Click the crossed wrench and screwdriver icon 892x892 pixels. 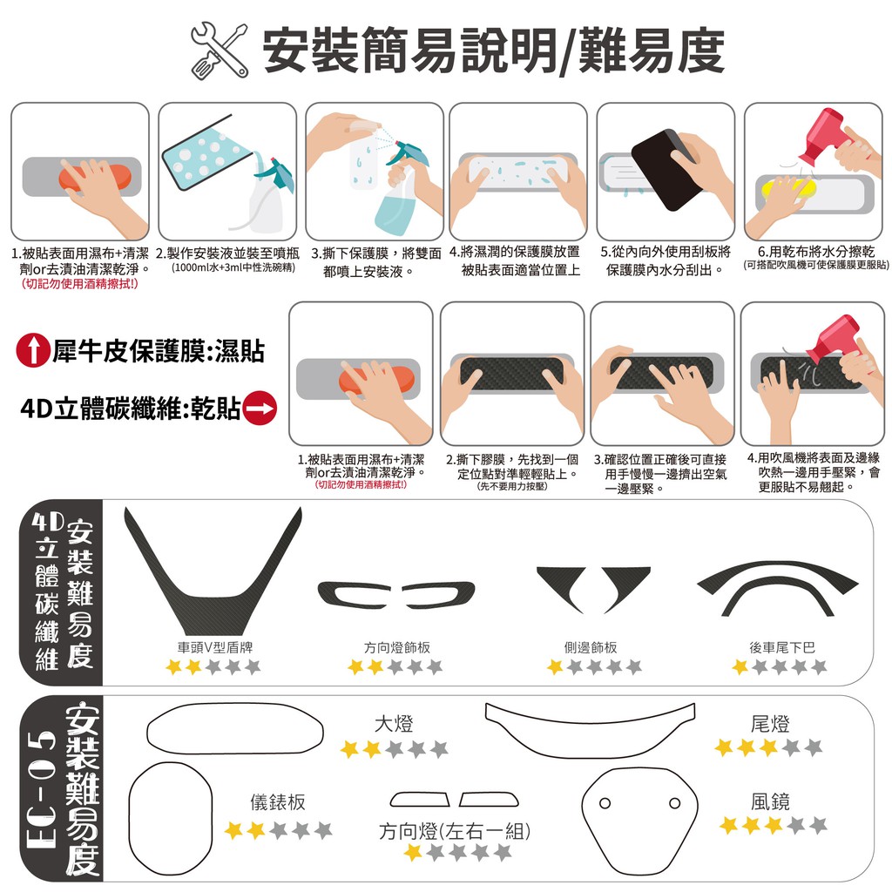[219, 50]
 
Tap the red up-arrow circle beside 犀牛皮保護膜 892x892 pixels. [34, 350]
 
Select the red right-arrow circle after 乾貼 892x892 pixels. [260, 408]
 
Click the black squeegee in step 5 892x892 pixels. [666, 169]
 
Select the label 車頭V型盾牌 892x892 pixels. [215, 647]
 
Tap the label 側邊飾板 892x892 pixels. [591, 647]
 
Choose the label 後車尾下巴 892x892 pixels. [782, 647]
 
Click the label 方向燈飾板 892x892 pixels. [397, 647]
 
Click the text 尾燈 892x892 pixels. [770, 724]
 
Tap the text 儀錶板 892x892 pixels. [278, 802]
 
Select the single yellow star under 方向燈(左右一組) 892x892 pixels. [413, 852]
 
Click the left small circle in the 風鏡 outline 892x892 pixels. [605, 803]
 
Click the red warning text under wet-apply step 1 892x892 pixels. [79, 283]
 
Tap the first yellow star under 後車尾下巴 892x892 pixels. [740, 666]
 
